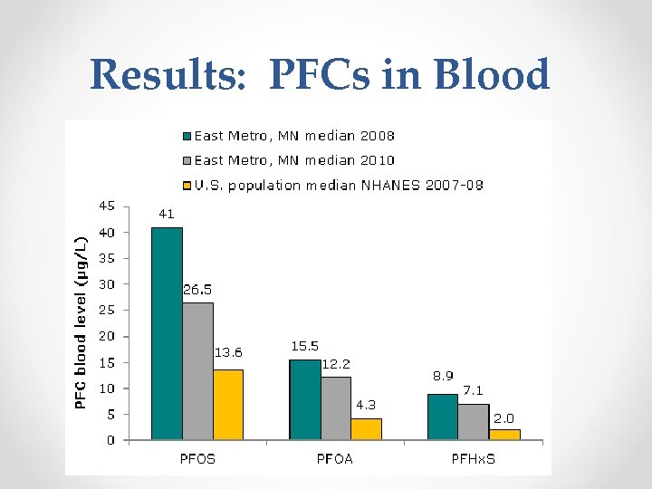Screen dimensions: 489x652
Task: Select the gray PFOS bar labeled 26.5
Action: (x=197, y=371)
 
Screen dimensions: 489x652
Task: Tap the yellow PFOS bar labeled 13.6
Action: (x=228, y=405)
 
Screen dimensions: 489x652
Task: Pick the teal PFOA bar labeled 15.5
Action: (x=305, y=399)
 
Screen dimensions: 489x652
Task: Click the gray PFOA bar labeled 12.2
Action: (x=336, y=408)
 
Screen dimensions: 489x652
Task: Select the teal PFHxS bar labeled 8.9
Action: (x=443, y=417)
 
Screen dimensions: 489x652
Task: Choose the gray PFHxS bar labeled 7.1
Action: (x=474, y=422)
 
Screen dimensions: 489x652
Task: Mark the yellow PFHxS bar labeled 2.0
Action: (x=504, y=435)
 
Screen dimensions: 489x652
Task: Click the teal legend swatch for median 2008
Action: (x=187, y=137)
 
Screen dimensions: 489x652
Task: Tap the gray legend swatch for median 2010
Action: (x=187, y=160)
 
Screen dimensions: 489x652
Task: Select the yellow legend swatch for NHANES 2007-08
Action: (x=187, y=185)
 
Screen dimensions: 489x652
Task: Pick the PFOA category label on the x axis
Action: (x=335, y=458)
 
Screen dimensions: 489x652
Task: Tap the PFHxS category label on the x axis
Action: (x=475, y=458)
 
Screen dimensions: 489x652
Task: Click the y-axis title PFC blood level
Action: (x=81, y=321)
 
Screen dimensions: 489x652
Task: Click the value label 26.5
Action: (x=198, y=290)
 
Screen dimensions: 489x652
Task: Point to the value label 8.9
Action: (x=441, y=374)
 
